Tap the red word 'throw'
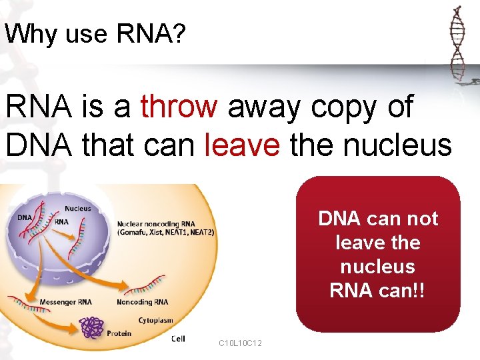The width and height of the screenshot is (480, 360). [179, 107]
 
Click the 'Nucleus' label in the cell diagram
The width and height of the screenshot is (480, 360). [78, 209]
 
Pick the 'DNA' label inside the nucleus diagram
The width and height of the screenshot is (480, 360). [25, 218]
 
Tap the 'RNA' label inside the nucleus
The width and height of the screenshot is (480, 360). [61, 222]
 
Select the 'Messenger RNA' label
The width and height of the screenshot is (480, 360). [66, 302]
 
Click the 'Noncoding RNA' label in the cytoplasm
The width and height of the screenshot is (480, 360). [143, 302]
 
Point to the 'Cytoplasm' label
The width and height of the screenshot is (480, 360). [156, 320]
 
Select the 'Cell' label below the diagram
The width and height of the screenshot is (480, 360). [178, 339]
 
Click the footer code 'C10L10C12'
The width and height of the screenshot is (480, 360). [240, 343]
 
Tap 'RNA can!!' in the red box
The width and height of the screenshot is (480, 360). [378, 291]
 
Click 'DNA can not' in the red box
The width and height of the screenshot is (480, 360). [378, 219]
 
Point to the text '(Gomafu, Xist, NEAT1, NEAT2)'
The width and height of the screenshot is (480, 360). [165, 233]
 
